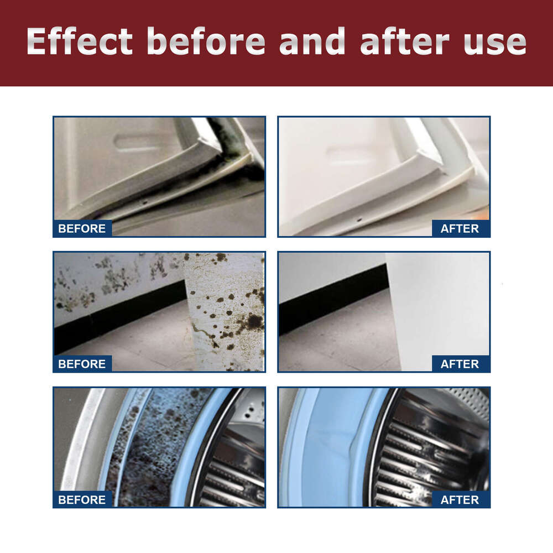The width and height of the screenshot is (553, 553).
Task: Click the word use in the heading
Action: [x=495, y=42]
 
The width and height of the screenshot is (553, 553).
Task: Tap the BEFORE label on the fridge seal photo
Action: [x=82, y=228]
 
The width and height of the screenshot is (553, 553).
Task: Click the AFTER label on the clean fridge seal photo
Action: [x=460, y=228]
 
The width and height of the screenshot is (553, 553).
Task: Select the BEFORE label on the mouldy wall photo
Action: [x=82, y=364]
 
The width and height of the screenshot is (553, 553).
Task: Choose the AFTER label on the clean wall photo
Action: [x=460, y=364]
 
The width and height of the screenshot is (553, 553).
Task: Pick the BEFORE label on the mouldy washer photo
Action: [x=82, y=500]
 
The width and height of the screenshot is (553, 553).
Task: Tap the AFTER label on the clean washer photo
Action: [x=460, y=500]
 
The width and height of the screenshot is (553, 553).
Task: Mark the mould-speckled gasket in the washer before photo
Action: [x=160, y=442]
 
